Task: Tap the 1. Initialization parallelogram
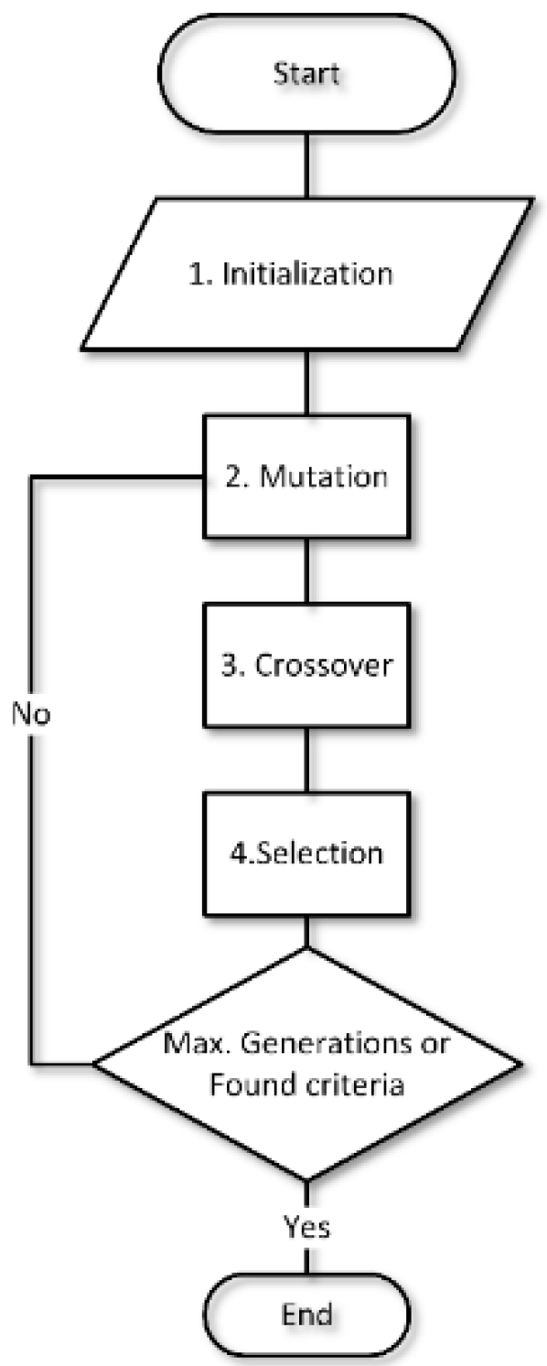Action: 306,273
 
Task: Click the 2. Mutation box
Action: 306,476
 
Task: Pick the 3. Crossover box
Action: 306,665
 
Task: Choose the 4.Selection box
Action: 306,854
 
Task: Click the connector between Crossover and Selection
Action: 306,761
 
